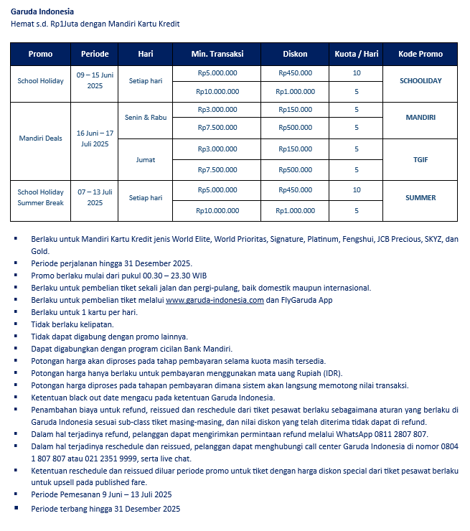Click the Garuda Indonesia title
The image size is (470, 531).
tap(42, 12)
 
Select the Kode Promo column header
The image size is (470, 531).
tap(420, 54)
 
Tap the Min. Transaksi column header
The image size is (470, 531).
tap(217, 54)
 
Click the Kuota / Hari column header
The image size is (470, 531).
tap(357, 54)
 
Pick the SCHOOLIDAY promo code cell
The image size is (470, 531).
tap(420, 81)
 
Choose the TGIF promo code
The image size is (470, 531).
tap(420, 159)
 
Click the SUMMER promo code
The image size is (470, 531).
tap(420, 197)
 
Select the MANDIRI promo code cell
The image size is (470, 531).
tap(420, 116)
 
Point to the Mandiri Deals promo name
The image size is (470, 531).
tap(41, 138)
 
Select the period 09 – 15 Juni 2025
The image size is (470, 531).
tap(95, 81)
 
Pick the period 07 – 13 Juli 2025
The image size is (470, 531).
tap(95, 197)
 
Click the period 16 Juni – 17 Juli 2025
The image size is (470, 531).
tap(95, 138)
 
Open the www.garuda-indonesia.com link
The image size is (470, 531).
tap(215, 301)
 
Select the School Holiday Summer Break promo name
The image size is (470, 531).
tap(41, 197)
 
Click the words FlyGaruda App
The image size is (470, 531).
tap(306, 301)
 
